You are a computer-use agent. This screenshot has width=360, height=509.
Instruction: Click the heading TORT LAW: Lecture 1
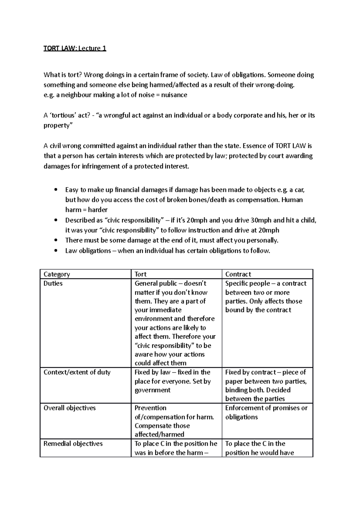point(75,49)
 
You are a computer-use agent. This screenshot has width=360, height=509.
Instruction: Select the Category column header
point(57,274)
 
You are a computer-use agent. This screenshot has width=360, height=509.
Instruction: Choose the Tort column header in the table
point(140,274)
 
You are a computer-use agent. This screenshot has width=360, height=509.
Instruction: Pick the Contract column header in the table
point(238,274)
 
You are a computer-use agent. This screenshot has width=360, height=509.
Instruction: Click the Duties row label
point(53,284)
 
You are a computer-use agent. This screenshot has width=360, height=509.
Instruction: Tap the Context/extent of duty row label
point(77,372)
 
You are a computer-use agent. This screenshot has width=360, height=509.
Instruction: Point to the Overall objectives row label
point(70,408)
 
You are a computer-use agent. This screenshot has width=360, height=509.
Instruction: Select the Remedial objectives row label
point(73,444)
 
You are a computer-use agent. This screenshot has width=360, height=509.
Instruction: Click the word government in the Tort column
point(152,390)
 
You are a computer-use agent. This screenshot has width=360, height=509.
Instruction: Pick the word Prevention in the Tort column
point(150,408)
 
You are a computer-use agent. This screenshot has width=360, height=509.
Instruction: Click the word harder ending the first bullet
point(97,210)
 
